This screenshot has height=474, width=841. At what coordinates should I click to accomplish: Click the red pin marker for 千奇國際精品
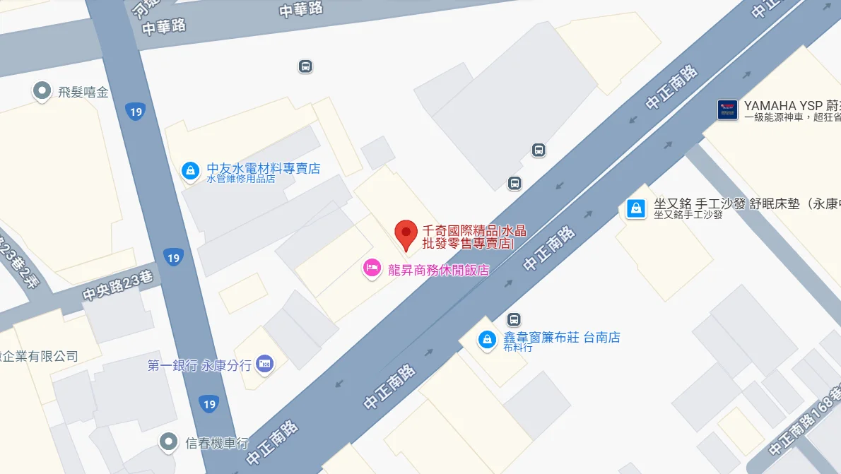pyautogui.click(x=406, y=234)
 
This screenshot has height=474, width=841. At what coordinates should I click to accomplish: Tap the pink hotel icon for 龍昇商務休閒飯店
pyautogui.click(x=372, y=268)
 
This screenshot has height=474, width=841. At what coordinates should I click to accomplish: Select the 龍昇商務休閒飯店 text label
pyautogui.click(x=438, y=269)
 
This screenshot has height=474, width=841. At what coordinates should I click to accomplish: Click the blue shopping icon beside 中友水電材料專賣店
pyautogui.click(x=190, y=170)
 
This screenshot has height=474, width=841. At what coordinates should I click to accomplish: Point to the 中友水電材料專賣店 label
pyautogui.click(x=263, y=168)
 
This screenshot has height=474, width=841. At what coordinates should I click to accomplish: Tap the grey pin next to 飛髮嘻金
pyautogui.click(x=42, y=90)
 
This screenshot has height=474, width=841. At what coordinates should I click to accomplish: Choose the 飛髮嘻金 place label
pyautogui.click(x=83, y=91)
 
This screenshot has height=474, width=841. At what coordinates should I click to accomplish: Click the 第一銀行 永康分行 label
pyautogui.click(x=199, y=365)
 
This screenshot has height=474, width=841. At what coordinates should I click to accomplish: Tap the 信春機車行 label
pyautogui.click(x=217, y=443)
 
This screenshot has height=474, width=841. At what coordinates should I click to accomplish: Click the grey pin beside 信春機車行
pyautogui.click(x=168, y=442)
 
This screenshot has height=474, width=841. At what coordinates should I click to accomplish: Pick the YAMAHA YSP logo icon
pyautogui.click(x=727, y=109)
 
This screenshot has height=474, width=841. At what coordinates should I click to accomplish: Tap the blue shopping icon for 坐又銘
pyautogui.click(x=636, y=208)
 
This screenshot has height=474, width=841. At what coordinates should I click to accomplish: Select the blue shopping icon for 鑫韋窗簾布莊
pyautogui.click(x=487, y=340)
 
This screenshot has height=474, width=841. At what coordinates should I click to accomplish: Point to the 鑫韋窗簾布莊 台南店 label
pyautogui.click(x=562, y=338)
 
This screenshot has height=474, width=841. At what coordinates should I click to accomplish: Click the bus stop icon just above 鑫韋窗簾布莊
pyautogui.click(x=514, y=319)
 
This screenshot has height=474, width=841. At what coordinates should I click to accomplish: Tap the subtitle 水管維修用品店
pyautogui.click(x=241, y=179)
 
